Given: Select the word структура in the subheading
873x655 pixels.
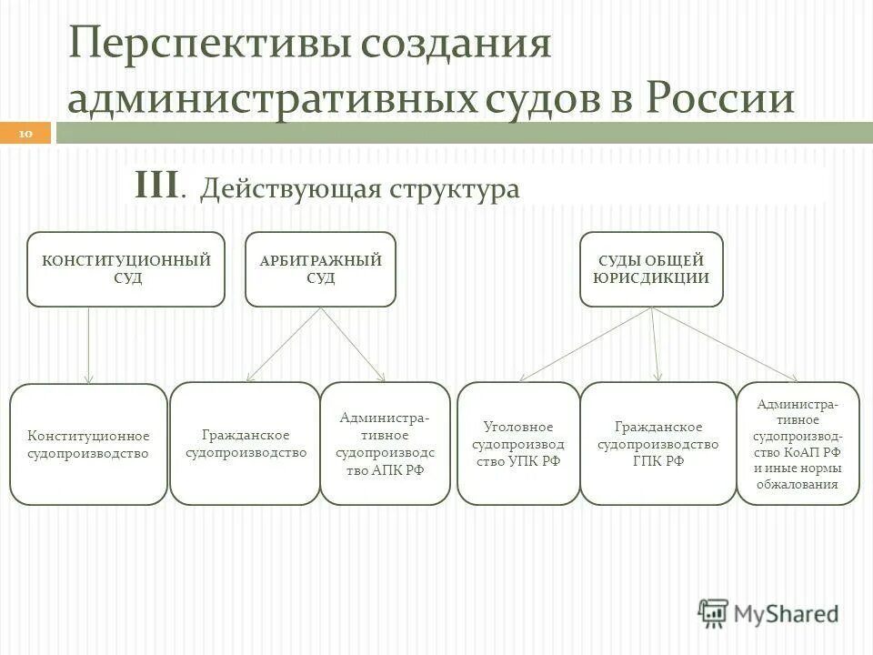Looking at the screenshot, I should click(x=455, y=189).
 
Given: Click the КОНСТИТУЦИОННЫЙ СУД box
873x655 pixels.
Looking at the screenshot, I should click(x=125, y=269).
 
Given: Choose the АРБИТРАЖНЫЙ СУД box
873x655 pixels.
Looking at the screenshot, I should click(x=321, y=269).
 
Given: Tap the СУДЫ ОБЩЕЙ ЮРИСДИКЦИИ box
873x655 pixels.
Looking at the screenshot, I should click(x=651, y=269).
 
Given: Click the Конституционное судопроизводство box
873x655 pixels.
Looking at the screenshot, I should click(x=88, y=445).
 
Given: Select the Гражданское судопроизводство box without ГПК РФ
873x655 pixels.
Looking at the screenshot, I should click(x=246, y=443).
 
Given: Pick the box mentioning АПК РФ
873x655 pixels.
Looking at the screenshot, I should click(x=385, y=444).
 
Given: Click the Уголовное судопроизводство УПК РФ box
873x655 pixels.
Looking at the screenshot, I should click(x=517, y=444).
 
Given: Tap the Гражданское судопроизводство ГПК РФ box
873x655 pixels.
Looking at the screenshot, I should click(x=657, y=444).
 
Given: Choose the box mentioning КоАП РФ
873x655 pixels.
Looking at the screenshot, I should click(x=798, y=444).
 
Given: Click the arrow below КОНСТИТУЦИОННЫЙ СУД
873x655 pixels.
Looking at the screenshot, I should click(x=88, y=346).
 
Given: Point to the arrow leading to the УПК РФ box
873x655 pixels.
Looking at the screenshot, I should click(x=587, y=344).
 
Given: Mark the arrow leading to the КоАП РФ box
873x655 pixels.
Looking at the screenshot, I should click(x=725, y=344).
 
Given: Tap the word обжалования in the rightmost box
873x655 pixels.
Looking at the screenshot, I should click(x=798, y=484).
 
